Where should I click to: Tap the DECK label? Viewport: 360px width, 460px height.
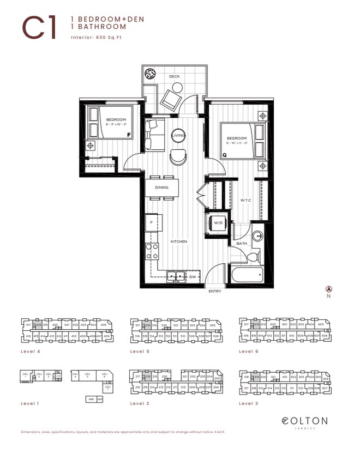point(174,76)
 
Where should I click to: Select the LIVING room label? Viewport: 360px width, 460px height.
point(178,135)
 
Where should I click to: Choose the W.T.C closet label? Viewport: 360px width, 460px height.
point(245,200)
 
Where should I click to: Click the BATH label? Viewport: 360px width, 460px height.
point(241,243)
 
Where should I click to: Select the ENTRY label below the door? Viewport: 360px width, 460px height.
point(214,292)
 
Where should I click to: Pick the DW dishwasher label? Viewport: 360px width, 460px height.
point(193,277)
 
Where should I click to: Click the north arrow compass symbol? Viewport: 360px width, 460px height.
point(328,289)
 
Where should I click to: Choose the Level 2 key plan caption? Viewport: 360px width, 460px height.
point(140,403)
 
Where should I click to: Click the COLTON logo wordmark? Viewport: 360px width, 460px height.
point(305,420)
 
